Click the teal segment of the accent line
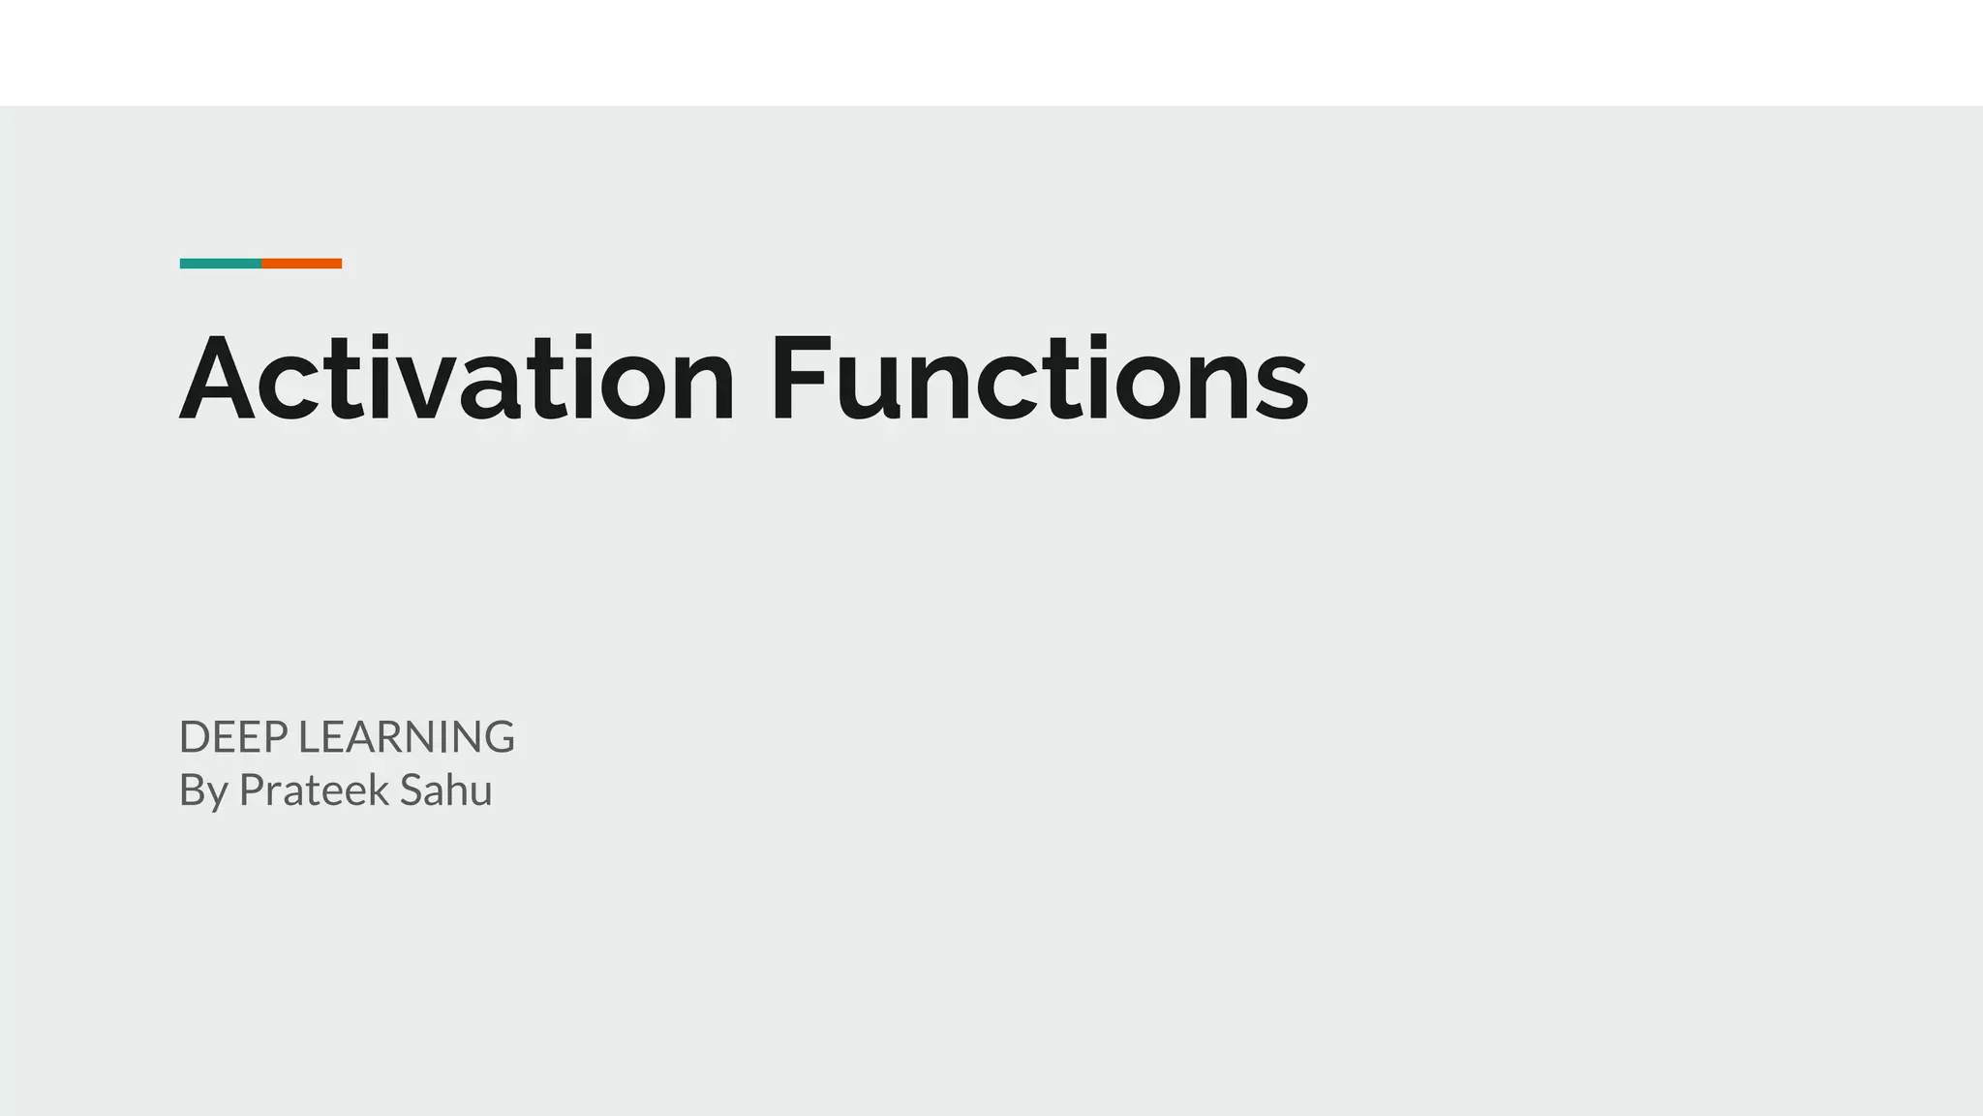(220, 263)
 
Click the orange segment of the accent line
(301, 263)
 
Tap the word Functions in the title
(1039, 380)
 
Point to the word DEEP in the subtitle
(233, 737)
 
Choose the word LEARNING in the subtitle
(406, 737)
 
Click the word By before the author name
(203, 791)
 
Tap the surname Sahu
(445, 790)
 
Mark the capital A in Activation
(218, 380)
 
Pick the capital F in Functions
(800, 380)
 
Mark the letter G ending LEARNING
(497, 737)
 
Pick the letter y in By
(219, 796)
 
